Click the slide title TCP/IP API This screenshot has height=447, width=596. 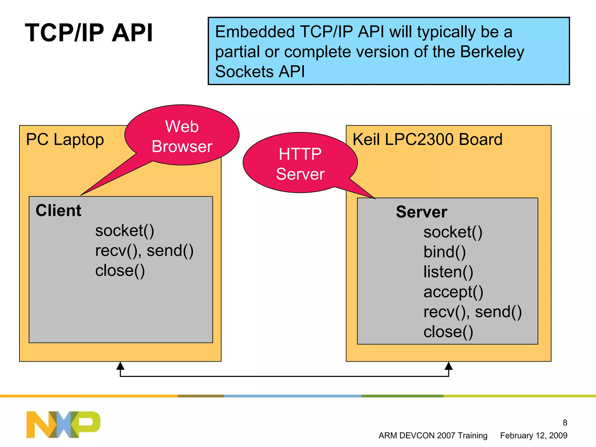tap(89, 33)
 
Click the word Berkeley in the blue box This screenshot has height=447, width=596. tap(492, 52)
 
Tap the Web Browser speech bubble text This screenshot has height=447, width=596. tap(182, 136)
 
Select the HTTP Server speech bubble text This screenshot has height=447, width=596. tap(300, 164)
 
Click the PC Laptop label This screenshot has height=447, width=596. tap(65, 140)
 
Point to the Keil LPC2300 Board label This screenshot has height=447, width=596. tap(427, 139)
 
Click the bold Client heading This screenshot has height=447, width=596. tap(58, 210)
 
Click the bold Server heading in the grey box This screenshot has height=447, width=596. tap(421, 212)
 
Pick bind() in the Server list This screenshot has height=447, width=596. tap(444, 252)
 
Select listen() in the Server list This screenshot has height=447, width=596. tap(448, 272)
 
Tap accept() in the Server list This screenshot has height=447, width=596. tap(453, 292)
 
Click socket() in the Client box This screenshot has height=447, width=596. tap(125, 231)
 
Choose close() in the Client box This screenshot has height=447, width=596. tap(120, 271)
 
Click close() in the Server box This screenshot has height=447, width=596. tap(448, 332)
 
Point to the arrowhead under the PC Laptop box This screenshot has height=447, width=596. tap(120, 366)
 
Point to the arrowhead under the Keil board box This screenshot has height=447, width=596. tap(448, 366)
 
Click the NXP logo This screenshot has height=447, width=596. tap(63, 424)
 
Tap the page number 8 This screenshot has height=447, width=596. tap(565, 423)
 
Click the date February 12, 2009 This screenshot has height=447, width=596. tap(533, 435)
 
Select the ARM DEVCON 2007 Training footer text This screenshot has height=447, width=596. tap(433, 435)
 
